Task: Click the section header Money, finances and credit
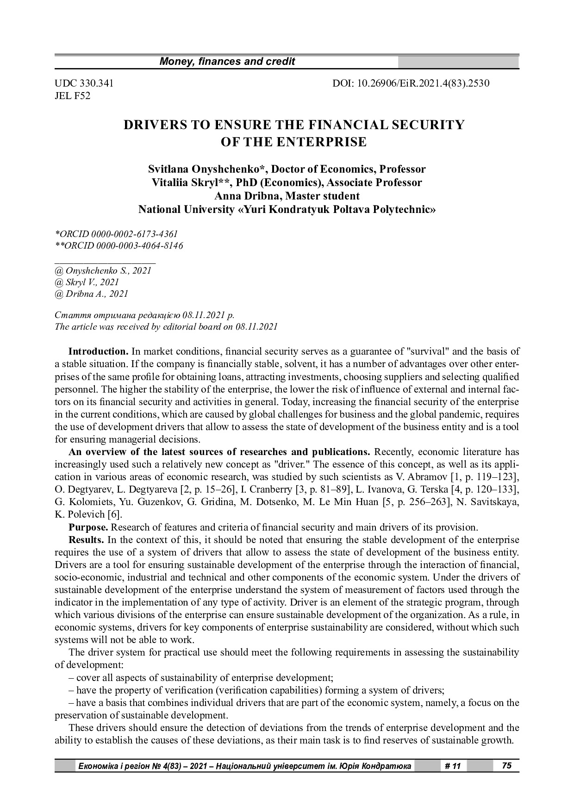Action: point(227,62)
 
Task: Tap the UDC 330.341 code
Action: point(84,83)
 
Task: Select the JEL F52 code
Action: point(72,96)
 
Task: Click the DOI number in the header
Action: point(411,83)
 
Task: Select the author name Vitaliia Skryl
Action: point(192,182)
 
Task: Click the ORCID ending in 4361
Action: point(116,234)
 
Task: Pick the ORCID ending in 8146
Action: point(119,246)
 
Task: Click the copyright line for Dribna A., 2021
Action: point(91,294)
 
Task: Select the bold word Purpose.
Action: point(88,527)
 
